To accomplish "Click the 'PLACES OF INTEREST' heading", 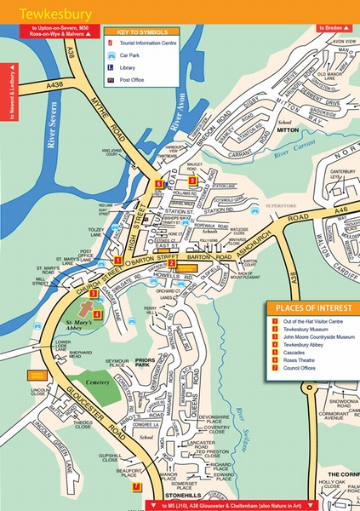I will click(x=307, y=307).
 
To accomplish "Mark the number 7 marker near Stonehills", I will click(x=136, y=486).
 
